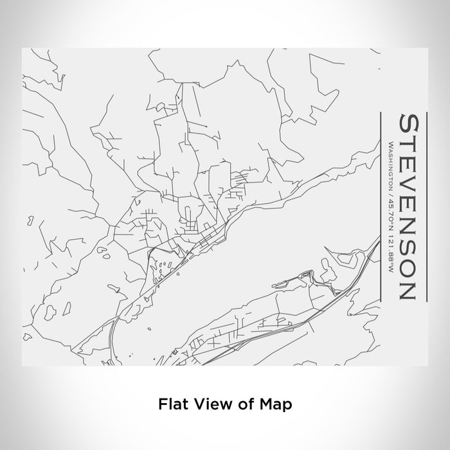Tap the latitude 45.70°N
click(x=390, y=207)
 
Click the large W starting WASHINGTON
click(x=390, y=143)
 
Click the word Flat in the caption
click(x=171, y=405)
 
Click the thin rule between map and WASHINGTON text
click(x=382, y=206)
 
